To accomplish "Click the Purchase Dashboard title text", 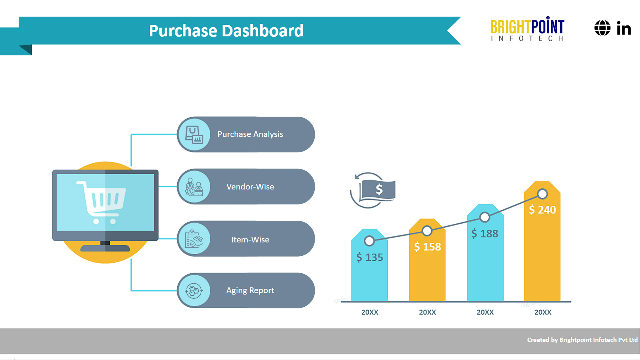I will [226, 31].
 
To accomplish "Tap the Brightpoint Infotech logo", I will [527, 29].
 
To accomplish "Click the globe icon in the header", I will [602, 28].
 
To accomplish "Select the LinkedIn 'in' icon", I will [624, 28].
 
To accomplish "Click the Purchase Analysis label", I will [250, 134].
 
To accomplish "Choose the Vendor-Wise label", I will [250, 187].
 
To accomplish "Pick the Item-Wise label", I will [250, 240].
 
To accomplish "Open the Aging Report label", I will [250, 290].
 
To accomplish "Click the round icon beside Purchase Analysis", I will [194, 134].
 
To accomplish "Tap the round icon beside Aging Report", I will [194, 291].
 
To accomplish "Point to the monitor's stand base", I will [105, 248].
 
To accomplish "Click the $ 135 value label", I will [369, 257].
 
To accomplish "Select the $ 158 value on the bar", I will [427, 247].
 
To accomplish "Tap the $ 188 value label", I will [485, 234].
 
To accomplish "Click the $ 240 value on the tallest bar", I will [542, 210].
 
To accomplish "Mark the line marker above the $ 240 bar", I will [542, 194].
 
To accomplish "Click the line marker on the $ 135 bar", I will [369, 241].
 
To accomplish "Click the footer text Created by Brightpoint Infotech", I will [582, 340].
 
